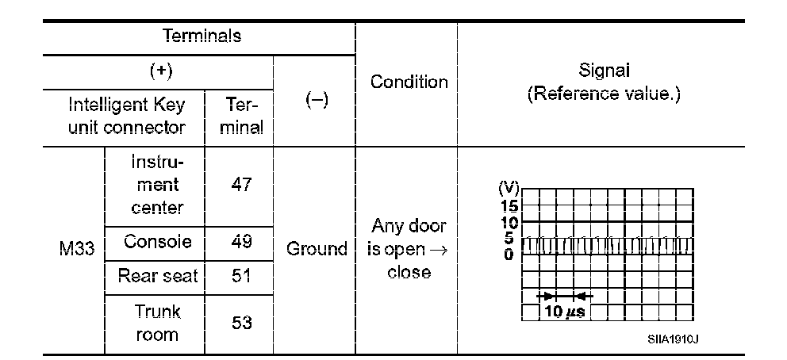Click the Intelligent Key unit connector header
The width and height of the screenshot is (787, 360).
click(x=127, y=116)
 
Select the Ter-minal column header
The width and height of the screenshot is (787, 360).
click(x=239, y=116)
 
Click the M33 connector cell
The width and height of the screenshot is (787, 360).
click(x=76, y=251)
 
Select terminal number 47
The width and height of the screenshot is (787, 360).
click(x=239, y=185)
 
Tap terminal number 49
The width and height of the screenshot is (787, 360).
click(x=239, y=242)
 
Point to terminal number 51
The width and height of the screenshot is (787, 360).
click(x=239, y=277)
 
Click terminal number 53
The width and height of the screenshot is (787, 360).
click(x=239, y=322)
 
